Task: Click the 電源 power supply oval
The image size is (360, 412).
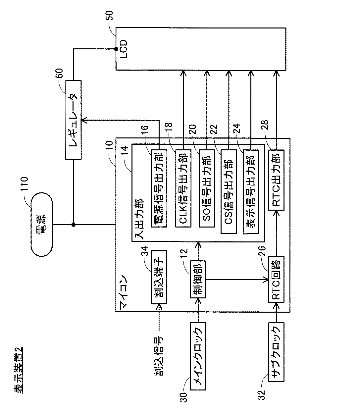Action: [42, 224]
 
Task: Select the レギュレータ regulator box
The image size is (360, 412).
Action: [74, 120]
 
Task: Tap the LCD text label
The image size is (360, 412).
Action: [124, 49]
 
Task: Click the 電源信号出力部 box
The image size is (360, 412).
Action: [159, 188]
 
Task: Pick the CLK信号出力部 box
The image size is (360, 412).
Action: [183, 188]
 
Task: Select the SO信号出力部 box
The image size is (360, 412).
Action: [207, 188]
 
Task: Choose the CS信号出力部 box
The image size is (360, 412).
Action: [229, 191]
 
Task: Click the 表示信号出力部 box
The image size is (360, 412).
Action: [251, 191]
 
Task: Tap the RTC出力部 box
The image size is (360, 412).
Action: [276, 180]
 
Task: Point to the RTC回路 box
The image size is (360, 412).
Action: [276, 280]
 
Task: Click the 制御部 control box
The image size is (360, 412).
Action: [198, 279]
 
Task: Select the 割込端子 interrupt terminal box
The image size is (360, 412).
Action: [159, 277]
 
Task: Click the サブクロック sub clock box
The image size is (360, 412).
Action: [276, 352]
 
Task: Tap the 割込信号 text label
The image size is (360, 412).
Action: [159, 356]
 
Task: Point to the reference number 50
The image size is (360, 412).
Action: [110, 16]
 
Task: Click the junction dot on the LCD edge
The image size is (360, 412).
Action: [116, 49]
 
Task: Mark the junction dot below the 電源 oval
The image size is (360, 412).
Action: [74, 225]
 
